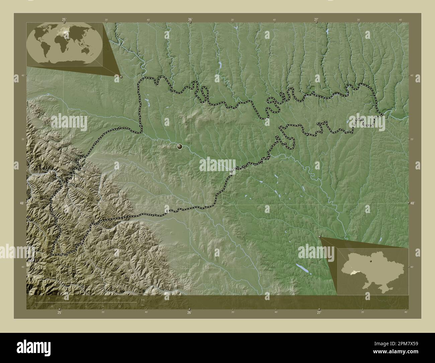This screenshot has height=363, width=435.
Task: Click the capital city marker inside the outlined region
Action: pos(180,146)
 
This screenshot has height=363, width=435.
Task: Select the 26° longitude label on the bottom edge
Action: pos(189,312)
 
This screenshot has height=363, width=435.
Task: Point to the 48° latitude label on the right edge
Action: pos(413,203)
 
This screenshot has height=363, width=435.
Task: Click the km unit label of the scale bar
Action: pos(143,300)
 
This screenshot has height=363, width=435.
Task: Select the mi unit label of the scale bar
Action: pos(143,305)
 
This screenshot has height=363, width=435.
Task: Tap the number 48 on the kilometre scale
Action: pos(119,298)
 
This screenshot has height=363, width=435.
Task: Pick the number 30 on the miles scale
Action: pos(119,306)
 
